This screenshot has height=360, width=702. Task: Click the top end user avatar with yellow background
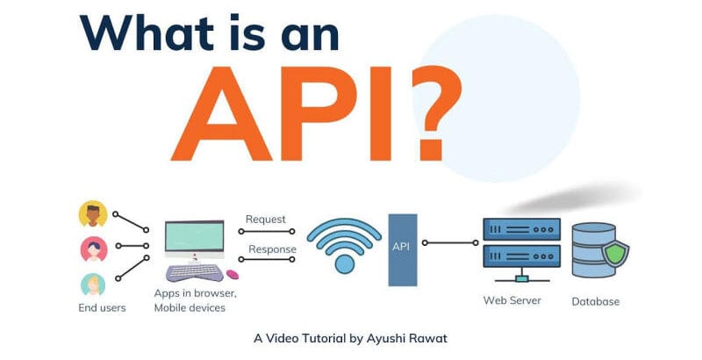tap(92, 214)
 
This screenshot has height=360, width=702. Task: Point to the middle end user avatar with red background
tap(92, 249)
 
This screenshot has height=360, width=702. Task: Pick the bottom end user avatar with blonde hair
tap(92, 284)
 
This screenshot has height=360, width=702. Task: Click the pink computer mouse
tap(233, 276)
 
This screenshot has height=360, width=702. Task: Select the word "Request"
tap(266, 220)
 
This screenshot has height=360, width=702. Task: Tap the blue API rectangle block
tap(402, 248)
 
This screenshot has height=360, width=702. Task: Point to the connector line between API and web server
tap(445, 241)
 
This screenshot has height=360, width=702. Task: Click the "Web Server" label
tap(512, 301)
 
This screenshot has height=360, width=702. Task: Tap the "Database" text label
tap(596, 302)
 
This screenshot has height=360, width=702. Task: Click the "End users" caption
tap(102, 308)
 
